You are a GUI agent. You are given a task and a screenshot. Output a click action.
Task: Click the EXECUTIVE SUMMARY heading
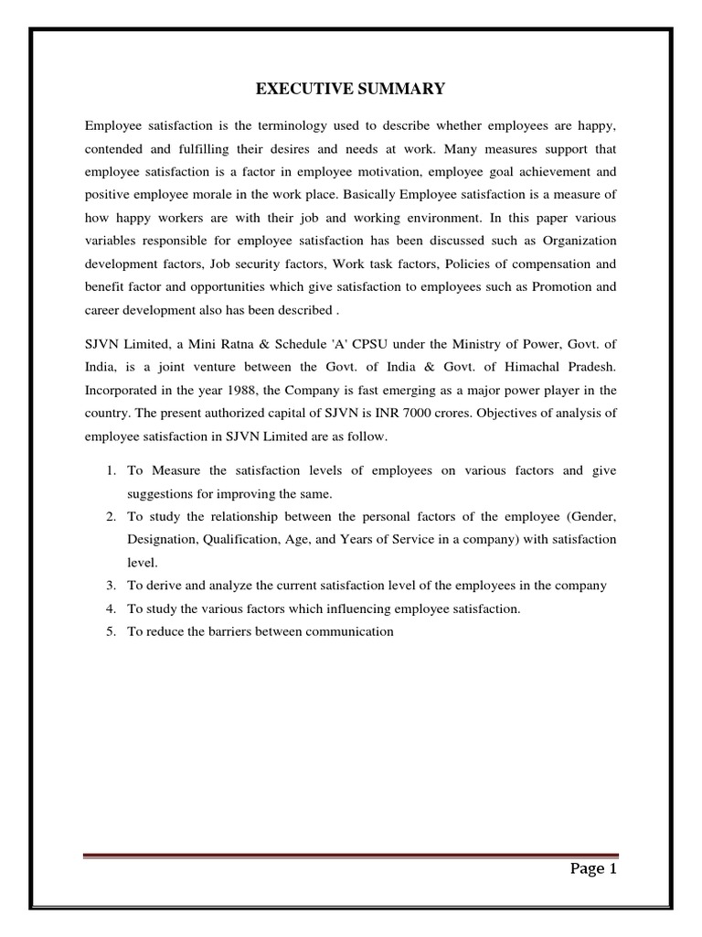pyautogui.click(x=350, y=89)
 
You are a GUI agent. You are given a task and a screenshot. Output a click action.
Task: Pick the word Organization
pyautogui.click(x=580, y=241)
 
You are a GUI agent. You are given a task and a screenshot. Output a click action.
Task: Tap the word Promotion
pyautogui.click(x=576, y=287)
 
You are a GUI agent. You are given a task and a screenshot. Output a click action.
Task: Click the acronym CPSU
pyautogui.click(x=384, y=343)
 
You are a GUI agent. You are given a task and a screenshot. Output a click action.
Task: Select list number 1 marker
pyautogui.click(x=110, y=470)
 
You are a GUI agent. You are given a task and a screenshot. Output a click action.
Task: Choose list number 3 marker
pyautogui.click(x=110, y=586)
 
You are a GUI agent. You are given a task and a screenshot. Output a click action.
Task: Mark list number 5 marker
pyautogui.click(x=110, y=631)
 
